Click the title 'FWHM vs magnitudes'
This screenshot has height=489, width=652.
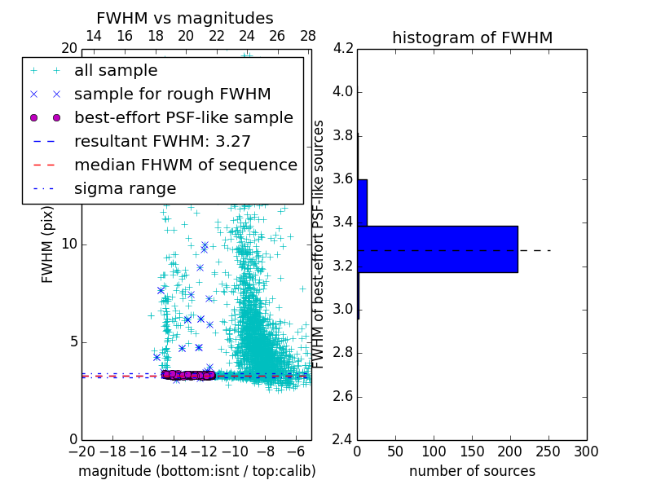(185, 18)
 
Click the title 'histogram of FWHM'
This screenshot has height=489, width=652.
(472, 37)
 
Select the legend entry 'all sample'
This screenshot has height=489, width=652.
(116, 71)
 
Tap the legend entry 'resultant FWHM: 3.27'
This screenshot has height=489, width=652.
(162, 142)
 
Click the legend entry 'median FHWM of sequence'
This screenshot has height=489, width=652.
(185, 165)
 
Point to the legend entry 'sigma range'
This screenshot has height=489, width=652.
(125, 189)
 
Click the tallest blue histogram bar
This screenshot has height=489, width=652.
(438, 249)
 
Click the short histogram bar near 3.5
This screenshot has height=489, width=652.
(362, 202)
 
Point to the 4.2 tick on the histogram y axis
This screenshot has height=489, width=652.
(342, 48)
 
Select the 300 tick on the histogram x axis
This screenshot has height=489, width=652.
(586, 452)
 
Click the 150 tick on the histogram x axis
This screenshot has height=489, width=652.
(472, 452)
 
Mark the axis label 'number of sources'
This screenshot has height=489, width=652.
(472, 472)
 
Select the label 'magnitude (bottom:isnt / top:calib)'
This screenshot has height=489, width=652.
(196, 472)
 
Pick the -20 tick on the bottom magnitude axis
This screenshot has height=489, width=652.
(81, 452)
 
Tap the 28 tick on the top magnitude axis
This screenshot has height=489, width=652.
(308, 36)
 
